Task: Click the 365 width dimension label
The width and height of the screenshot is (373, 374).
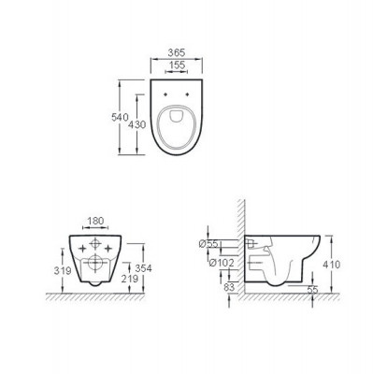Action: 177,52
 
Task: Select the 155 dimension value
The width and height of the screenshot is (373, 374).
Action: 177,65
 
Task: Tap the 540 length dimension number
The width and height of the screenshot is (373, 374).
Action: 121,117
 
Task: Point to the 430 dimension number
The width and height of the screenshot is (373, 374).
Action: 137,124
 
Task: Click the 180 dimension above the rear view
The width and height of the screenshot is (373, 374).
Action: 95,221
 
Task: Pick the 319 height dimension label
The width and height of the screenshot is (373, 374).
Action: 63,270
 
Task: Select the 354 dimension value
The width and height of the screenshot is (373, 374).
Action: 143,268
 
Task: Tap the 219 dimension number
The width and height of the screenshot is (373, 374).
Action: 130,279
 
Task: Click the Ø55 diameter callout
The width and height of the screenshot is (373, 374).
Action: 208,244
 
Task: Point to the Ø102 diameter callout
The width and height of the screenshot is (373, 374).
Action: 221,263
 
